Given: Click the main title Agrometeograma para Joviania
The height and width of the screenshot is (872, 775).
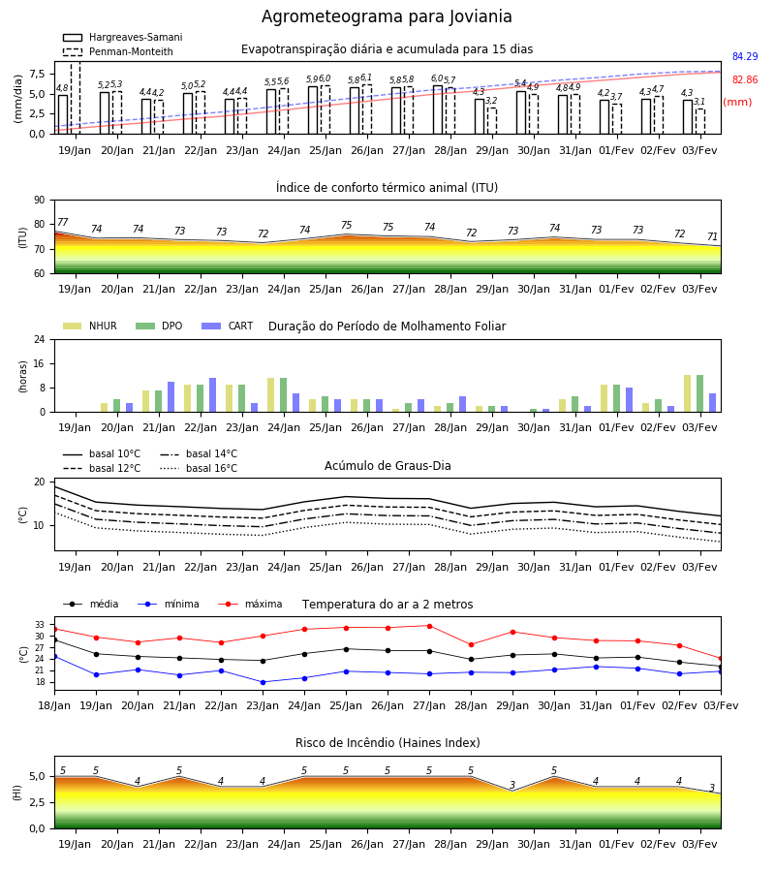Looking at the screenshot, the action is (x=387, y=16).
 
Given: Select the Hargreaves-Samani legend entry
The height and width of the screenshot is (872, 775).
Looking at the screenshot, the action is (x=123, y=37).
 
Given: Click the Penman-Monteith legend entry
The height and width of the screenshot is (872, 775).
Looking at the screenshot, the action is (x=118, y=51).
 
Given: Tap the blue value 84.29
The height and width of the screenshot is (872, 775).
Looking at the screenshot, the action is (x=745, y=56).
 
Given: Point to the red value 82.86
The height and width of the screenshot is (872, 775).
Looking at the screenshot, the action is (x=745, y=79).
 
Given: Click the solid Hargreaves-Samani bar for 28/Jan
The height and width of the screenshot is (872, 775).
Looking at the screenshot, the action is (x=438, y=110).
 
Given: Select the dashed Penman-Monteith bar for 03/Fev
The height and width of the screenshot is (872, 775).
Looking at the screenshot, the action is (x=700, y=122).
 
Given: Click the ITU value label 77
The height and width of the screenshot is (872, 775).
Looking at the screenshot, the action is (x=63, y=223).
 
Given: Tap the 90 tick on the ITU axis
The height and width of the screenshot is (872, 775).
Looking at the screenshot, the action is (x=40, y=201).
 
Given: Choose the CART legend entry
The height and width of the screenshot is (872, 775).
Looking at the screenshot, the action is (x=228, y=326).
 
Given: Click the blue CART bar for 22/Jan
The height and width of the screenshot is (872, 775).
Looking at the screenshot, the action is (x=212, y=395).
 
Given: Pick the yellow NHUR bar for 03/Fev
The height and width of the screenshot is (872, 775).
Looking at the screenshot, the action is (x=688, y=393).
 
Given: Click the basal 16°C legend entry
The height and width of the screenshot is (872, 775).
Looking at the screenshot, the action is (x=199, y=468).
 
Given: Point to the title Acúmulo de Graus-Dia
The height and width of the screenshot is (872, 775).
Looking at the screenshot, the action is (x=387, y=465).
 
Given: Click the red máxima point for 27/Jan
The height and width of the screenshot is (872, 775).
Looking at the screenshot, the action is (x=429, y=626).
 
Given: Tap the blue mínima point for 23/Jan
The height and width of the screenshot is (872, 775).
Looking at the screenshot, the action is (x=263, y=682).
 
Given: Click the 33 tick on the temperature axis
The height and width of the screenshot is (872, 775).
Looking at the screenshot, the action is (x=40, y=625).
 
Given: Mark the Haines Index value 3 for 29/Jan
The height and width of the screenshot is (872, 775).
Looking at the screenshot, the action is (x=512, y=785).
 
